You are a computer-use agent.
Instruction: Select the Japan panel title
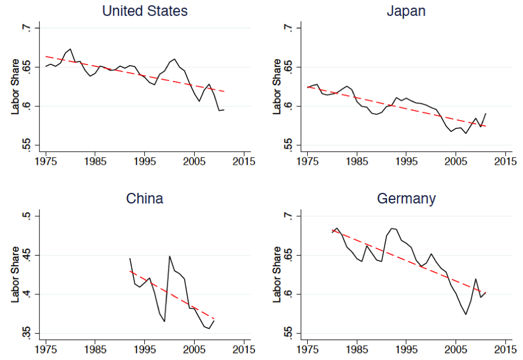click(x=407, y=11)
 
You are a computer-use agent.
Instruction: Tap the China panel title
click(x=144, y=199)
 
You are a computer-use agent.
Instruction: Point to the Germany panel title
click(x=406, y=199)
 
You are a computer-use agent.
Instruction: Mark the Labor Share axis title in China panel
click(x=16, y=275)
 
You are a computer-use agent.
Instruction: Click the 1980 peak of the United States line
click(x=70, y=49)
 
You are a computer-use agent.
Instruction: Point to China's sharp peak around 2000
click(x=169, y=256)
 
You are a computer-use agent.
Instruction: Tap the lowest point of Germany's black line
click(x=466, y=314)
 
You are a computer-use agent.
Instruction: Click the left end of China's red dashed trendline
click(x=130, y=271)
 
